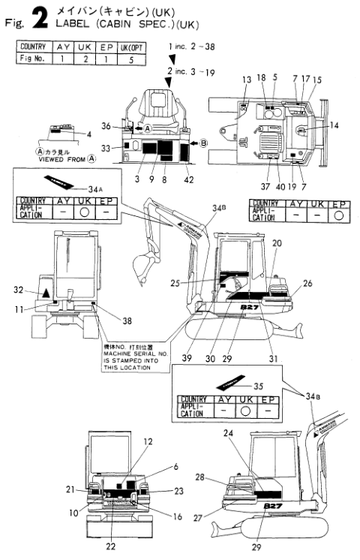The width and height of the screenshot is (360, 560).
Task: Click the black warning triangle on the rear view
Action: coord(46,291)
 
